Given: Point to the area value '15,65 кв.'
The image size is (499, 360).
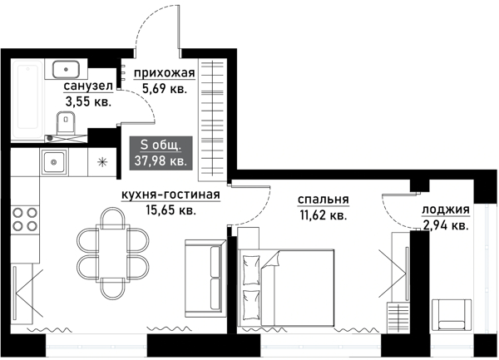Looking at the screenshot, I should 170,211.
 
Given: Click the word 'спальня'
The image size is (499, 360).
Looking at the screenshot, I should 323,200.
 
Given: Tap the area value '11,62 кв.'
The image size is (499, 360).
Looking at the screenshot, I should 323,215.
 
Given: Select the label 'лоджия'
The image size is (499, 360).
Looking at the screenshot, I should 445,210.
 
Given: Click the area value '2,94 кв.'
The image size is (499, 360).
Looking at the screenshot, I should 445,224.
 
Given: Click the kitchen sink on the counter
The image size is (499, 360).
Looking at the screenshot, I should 55,161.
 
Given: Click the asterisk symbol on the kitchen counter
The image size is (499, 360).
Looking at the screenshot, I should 103,161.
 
